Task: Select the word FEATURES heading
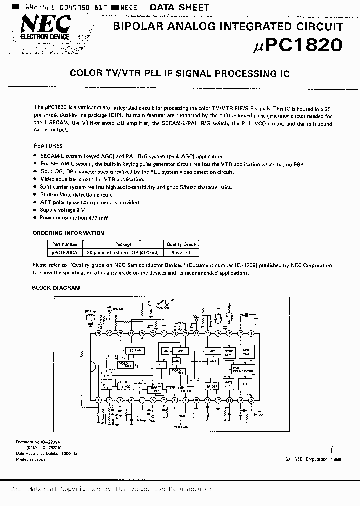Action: click(48, 146)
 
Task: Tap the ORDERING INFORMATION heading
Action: click(68, 233)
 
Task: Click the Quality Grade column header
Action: click(181, 245)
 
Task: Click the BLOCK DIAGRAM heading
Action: click(56, 288)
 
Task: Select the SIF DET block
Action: click(212, 386)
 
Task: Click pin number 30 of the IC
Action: click(98, 333)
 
